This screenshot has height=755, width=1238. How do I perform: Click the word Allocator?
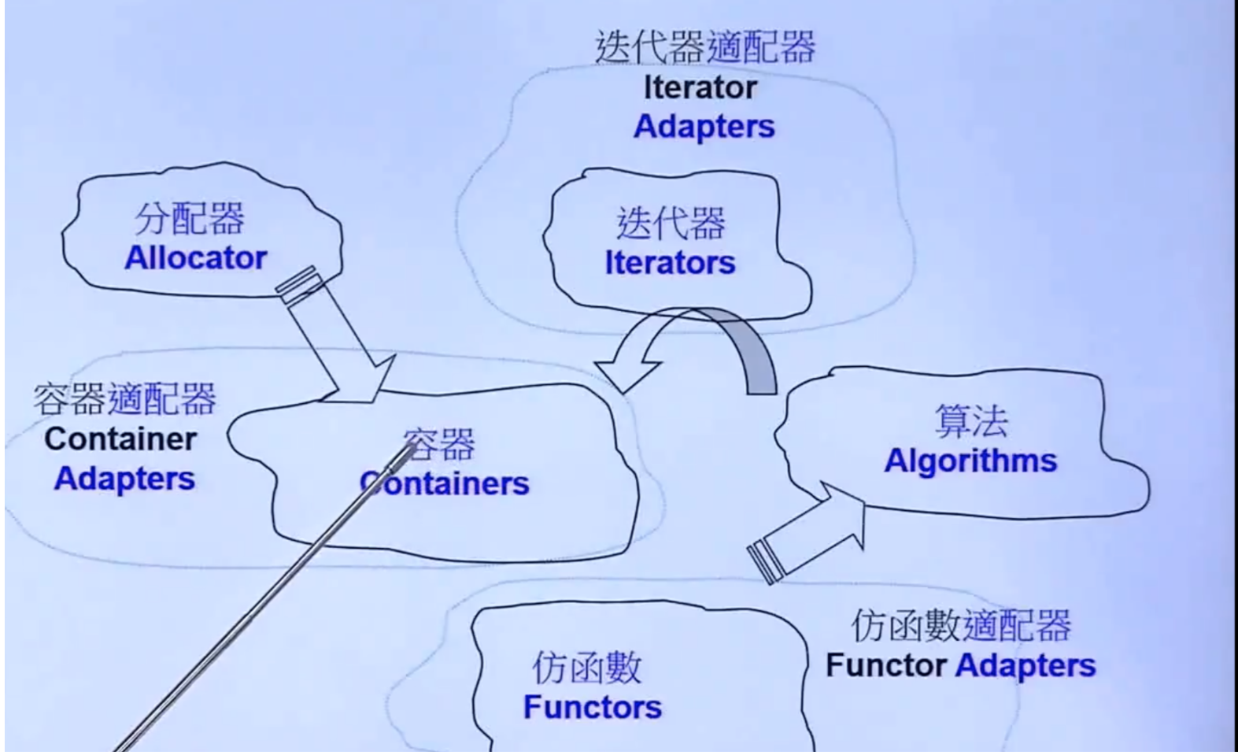196,258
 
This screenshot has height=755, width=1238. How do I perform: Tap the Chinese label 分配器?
190,219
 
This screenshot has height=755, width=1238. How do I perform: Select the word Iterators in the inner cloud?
671,262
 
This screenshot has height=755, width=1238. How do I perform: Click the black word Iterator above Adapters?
700,88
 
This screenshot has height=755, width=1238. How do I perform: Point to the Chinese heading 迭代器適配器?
705,47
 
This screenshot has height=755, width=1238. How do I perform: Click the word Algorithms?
970,461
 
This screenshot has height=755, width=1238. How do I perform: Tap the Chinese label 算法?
971,421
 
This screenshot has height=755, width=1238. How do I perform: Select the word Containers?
445,483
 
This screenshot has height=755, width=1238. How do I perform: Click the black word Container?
120,439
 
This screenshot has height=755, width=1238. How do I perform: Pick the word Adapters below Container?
125,479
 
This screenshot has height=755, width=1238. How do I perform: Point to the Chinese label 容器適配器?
124,398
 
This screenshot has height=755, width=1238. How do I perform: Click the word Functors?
593,708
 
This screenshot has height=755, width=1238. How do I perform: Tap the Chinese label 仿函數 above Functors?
587,668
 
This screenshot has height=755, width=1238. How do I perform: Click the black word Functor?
886,665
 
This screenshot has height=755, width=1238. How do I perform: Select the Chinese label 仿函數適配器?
962,626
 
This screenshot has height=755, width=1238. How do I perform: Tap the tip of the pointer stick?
414,447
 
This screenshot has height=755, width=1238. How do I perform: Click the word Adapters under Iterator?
704,127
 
